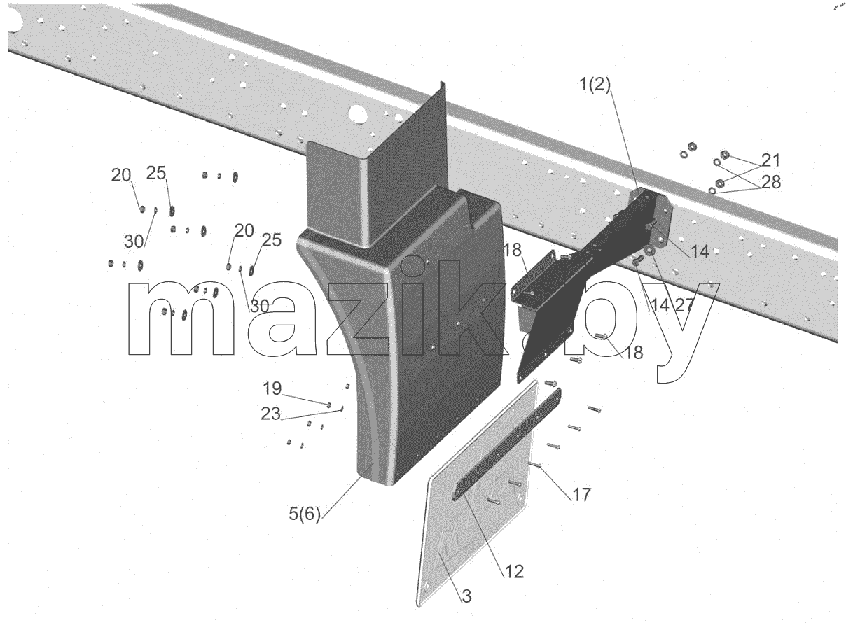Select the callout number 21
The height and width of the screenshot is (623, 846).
coord(771,160)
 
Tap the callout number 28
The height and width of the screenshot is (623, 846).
coord(771,182)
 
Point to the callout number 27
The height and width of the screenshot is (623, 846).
coord(684,304)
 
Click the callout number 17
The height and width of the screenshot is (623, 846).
coord(581,495)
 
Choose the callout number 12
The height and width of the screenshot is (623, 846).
coord(514,572)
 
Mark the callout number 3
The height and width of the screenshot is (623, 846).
coord(467,596)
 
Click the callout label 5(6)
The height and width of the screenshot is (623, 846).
coord(305,514)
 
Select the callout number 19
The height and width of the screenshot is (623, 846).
coord(272,388)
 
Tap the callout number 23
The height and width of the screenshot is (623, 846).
coord(270,414)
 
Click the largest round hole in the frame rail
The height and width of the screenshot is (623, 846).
coord(358,114)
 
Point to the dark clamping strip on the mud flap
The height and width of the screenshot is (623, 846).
coord(507,444)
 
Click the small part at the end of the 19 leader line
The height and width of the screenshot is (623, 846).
coord(328,405)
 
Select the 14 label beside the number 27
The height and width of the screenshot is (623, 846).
coord(660,304)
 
